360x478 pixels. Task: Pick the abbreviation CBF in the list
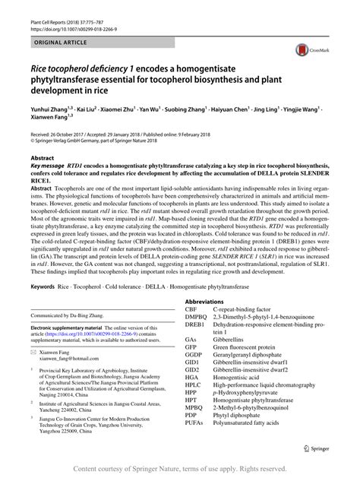(x=192, y=309)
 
